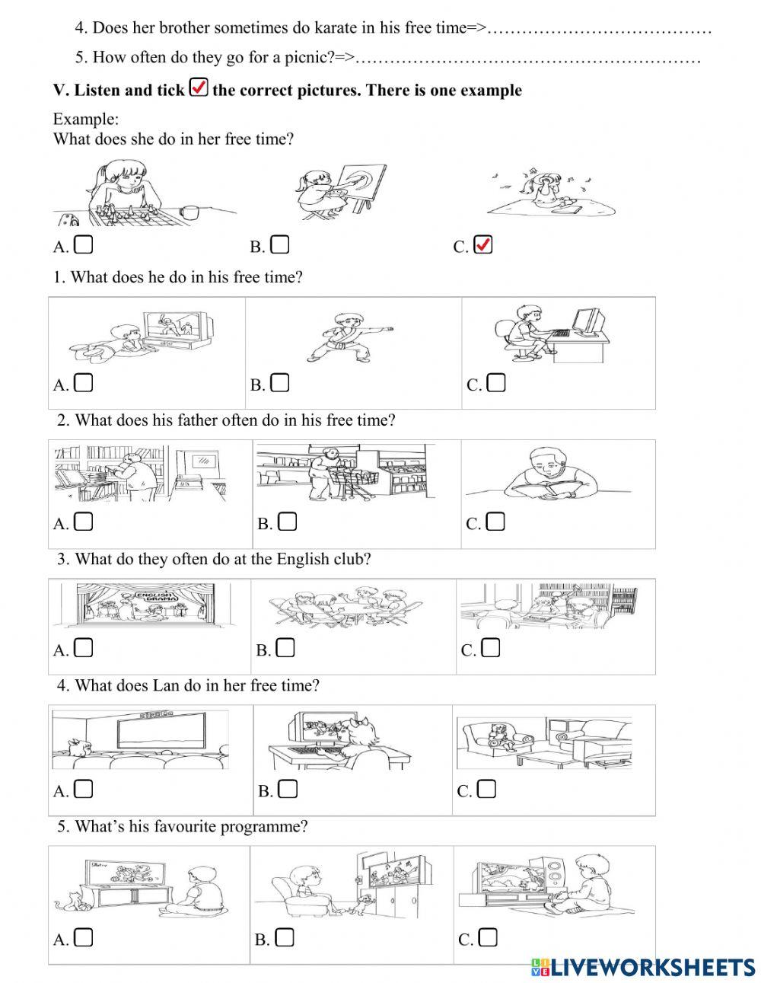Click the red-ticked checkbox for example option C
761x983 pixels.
click(x=483, y=244)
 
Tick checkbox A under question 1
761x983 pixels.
click(x=83, y=383)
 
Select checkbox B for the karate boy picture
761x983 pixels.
click(x=280, y=383)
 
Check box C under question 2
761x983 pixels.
click(x=495, y=522)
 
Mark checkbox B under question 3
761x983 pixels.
click(x=285, y=648)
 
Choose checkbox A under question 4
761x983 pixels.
click(x=83, y=789)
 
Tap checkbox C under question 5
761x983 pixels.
click(x=488, y=937)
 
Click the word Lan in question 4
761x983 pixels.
click(x=166, y=685)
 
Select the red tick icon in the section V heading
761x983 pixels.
click(x=199, y=87)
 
